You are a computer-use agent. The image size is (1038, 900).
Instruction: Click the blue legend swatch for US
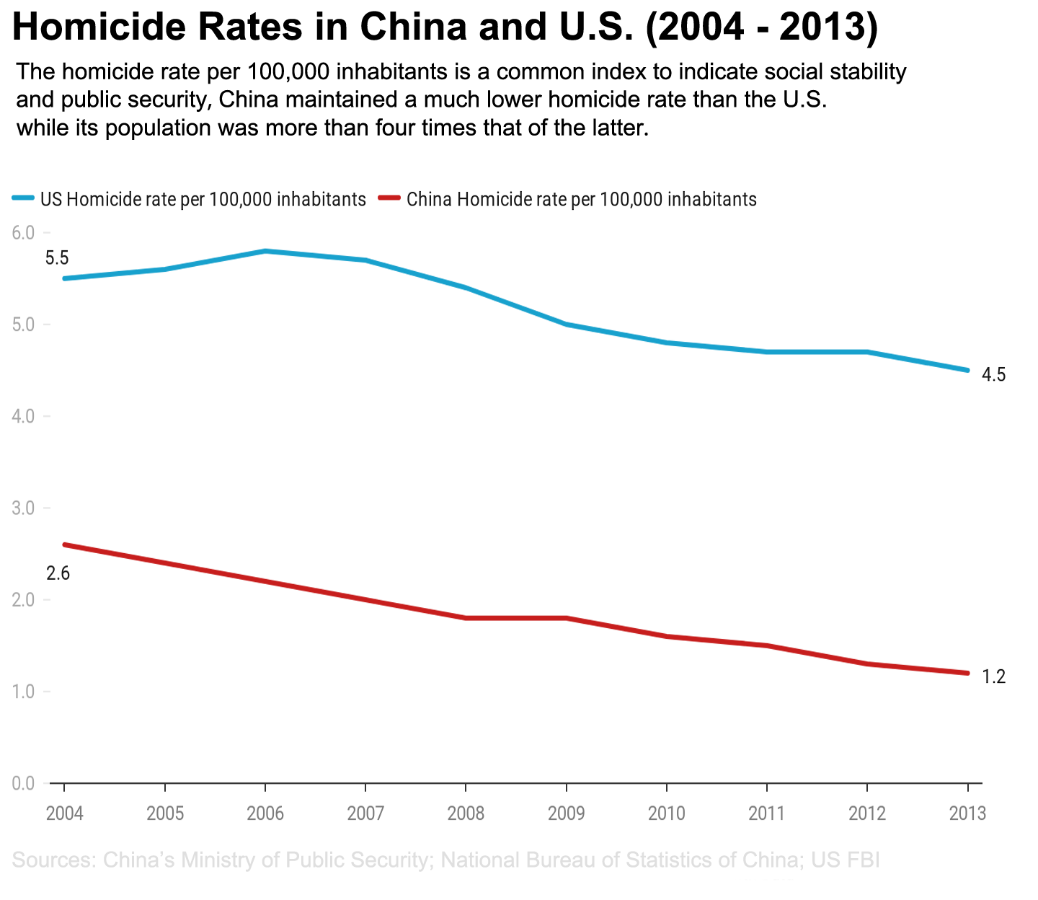(23, 200)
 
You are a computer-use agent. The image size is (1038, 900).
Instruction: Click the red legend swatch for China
(388, 200)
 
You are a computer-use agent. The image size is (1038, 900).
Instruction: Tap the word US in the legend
(50, 200)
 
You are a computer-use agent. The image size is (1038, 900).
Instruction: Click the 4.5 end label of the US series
(993, 375)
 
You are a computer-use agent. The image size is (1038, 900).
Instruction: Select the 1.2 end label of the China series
(993, 677)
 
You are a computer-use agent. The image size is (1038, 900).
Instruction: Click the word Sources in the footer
(53, 860)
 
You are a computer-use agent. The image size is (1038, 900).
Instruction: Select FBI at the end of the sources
(863, 860)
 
